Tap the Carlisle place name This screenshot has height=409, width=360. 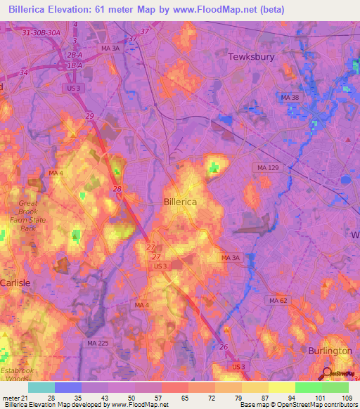(15, 282)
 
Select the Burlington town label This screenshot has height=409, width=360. (330, 350)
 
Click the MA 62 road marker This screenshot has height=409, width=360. (278, 300)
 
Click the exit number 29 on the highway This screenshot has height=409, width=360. (89, 115)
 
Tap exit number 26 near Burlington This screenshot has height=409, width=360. (224, 347)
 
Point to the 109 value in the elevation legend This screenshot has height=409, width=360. (346, 398)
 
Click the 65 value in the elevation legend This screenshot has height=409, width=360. (184, 398)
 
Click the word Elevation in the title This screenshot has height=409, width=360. (75, 8)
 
